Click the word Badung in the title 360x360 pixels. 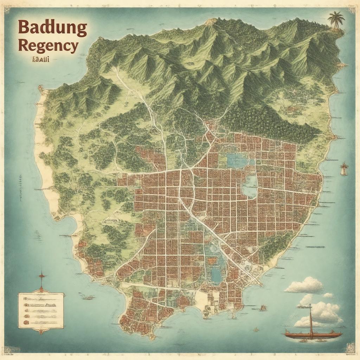(x=52, y=28)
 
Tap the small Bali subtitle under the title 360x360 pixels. (x=40, y=59)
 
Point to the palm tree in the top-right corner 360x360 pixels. (x=336, y=19)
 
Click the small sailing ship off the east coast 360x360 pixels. (x=344, y=169)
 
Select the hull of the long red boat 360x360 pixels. (x=313, y=335)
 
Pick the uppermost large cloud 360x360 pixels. (x=304, y=285)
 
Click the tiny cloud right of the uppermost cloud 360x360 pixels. (x=328, y=295)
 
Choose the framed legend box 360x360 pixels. (x=41, y=310)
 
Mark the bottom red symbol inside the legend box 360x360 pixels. (x=26, y=322)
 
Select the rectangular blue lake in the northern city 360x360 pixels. (x=237, y=160)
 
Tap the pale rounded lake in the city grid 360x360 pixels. (x=250, y=186)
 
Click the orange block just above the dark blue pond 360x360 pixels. (x=212, y=261)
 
